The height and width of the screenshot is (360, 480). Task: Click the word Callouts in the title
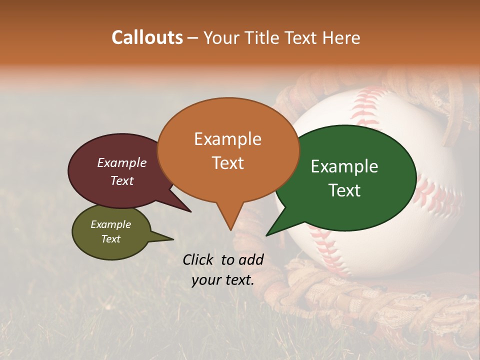tap(147, 37)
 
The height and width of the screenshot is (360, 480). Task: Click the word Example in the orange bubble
tap(227, 139)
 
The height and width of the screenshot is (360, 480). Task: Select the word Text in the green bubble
tap(345, 190)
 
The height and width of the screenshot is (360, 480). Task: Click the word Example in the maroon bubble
tap(121, 162)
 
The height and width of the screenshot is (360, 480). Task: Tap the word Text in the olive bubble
tap(111, 239)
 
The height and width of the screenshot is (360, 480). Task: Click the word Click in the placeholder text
tap(198, 259)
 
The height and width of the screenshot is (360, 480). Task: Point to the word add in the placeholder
tap(251, 259)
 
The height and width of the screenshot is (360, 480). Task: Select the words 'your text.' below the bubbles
tap(222, 280)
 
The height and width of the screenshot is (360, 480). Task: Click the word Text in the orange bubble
tap(227, 163)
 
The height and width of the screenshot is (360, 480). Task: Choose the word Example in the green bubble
tap(344, 166)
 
